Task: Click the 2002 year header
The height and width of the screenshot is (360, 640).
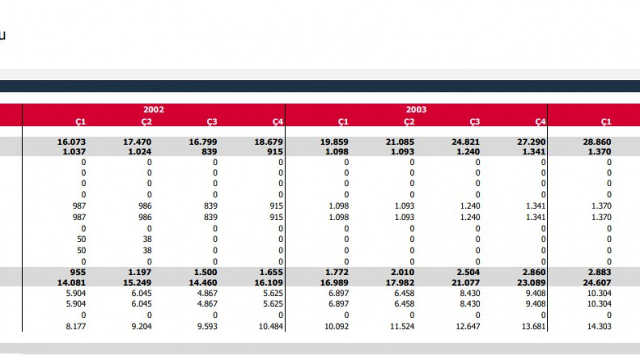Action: pos(153,109)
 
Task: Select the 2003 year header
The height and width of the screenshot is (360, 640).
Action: pos(416,109)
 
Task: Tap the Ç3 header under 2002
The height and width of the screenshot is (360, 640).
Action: pos(212,122)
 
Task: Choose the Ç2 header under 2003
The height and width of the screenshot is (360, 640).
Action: pos(409,122)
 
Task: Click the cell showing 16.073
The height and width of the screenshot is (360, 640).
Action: pos(71,141)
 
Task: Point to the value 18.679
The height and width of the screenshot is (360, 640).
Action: pos(268,141)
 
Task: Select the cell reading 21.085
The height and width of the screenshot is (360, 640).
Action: pos(400,141)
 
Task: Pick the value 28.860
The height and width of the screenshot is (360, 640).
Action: pos(597,141)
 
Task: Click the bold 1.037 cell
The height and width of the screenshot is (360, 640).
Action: pos(74,151)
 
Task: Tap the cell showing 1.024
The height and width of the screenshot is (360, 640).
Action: pos(139,151)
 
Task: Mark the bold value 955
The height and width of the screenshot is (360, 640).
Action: pos(77,272)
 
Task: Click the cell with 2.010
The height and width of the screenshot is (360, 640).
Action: pos(402,272)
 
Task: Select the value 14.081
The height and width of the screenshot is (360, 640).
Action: pos(71,282)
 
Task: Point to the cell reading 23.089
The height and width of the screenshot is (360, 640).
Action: pos(531,282)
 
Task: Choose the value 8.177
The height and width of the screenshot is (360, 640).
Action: pos(75,326)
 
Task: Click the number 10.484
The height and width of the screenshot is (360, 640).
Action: pos(270,326)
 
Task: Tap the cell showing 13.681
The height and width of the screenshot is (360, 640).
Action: pos(533,326)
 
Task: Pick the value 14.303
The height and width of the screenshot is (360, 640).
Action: pos(599,326)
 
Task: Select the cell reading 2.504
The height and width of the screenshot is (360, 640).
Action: pos(468,272)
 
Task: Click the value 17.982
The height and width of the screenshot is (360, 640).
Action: pos(400,282)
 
